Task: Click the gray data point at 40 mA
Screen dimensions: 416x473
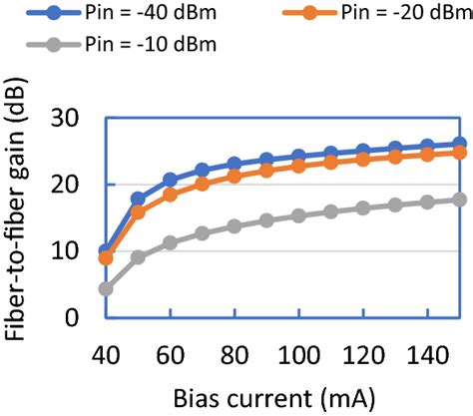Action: tap(106, 289)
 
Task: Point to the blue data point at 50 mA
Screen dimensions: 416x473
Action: tap(138, 199)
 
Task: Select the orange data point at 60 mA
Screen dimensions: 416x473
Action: tap(171, 195)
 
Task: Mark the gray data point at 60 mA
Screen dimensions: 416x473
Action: tap(171, 242)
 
